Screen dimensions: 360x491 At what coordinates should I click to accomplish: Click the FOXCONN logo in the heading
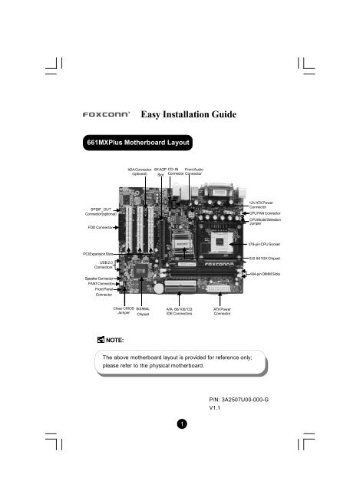107,116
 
